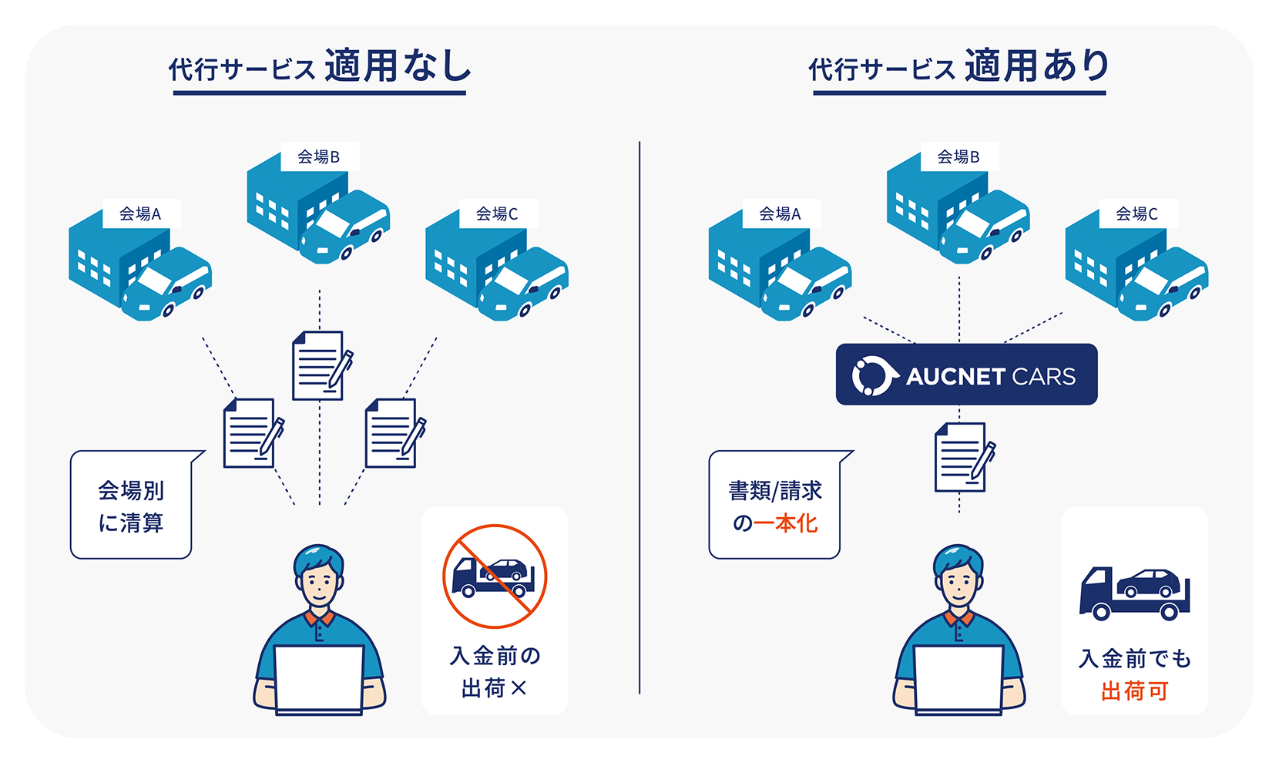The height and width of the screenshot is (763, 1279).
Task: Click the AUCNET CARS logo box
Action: pos(966,375)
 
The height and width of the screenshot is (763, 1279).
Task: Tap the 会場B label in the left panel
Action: pos(318,157)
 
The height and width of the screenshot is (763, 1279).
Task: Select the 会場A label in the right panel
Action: pos(780,213)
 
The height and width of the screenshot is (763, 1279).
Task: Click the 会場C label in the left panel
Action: pos(497,213)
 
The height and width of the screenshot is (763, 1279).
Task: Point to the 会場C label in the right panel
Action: pos(1136,213)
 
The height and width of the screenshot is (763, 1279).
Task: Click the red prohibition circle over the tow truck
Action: pos(495,576)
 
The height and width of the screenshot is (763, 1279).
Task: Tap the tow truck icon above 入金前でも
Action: pos(1135,593)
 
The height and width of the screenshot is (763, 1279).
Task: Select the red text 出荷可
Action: pos(1134,691)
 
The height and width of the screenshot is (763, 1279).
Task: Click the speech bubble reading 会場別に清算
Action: pos(131,506)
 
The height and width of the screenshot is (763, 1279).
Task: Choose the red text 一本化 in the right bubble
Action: pos(785,523)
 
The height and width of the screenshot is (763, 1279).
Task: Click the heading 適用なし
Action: pos(398,66)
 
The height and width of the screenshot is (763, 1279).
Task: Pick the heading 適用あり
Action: pos(1037,66)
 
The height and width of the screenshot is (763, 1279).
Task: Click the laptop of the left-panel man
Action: pos(318,678)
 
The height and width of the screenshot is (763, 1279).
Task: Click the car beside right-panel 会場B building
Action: pos(985,227)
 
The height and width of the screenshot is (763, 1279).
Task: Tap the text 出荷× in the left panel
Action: pos(494,687)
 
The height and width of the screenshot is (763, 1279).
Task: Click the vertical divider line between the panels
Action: pos(639,416)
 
